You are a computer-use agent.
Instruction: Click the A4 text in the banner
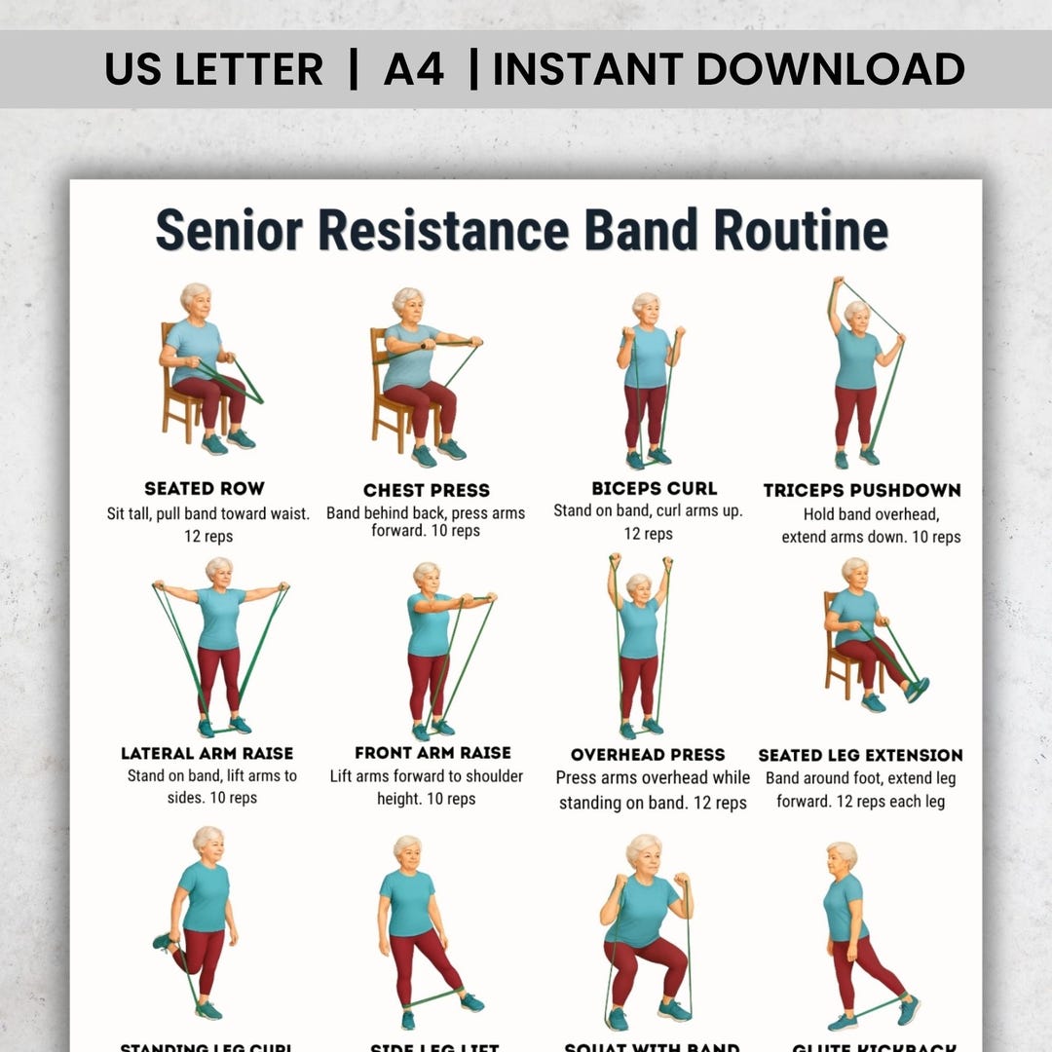pyautogui.click(x=414, y=69)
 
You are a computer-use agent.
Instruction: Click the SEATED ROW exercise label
pyautogui.click(x=205, y=488)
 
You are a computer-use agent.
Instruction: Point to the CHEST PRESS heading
pyautogui.click(x=427, y=490)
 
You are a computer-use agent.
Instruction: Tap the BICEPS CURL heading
pyautogui.click(x=654, y=488)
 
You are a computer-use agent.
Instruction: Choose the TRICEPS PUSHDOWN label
pyautogui.click(x=862, y=490)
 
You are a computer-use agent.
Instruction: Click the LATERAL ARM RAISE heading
pyautogui.click(x=207, y=753)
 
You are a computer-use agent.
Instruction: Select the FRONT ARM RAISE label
pyautogui.click(x=432, y=753)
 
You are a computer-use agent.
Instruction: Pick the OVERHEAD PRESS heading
pyautogui.click(x=648, y=755)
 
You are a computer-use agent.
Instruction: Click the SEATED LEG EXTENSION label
pyautogui.click(x=860, y=755)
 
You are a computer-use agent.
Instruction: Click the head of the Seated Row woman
pyautogui.click(x=195, y=299)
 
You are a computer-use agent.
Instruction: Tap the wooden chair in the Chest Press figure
pyautogui.click(x=382, y=390)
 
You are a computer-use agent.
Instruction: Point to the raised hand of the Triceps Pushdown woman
pyautogui.click(x=837, y=284)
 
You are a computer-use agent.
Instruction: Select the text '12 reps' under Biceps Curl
pyautogui.click(x=648, y=534)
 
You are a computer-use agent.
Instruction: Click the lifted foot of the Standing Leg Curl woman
pyautogui.click(x=163, y=941)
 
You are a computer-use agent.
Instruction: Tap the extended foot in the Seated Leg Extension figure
pyautogui.click(x=917, y=688)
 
